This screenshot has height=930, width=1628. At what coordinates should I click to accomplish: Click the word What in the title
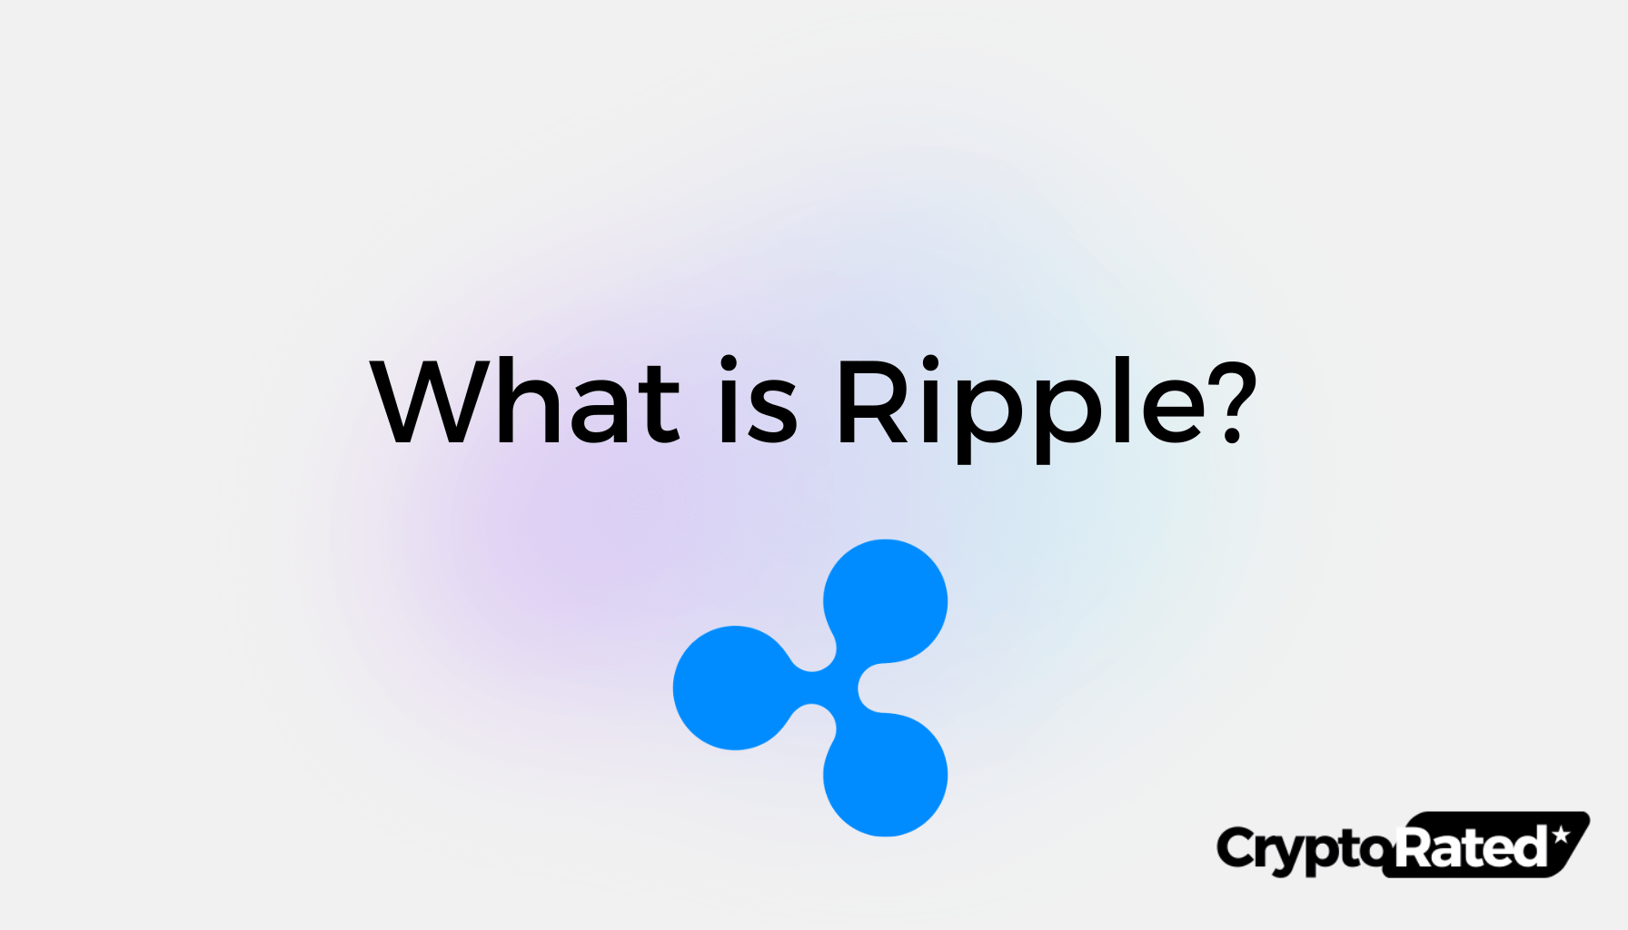[525, 401]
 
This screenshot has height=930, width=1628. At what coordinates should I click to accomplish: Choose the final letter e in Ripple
[1172, 413]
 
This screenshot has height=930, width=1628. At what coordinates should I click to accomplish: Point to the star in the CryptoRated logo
[1561, 835]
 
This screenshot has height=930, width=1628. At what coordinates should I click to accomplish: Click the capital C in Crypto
[1236, 848]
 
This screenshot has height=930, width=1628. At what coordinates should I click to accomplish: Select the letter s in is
[774, 413]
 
